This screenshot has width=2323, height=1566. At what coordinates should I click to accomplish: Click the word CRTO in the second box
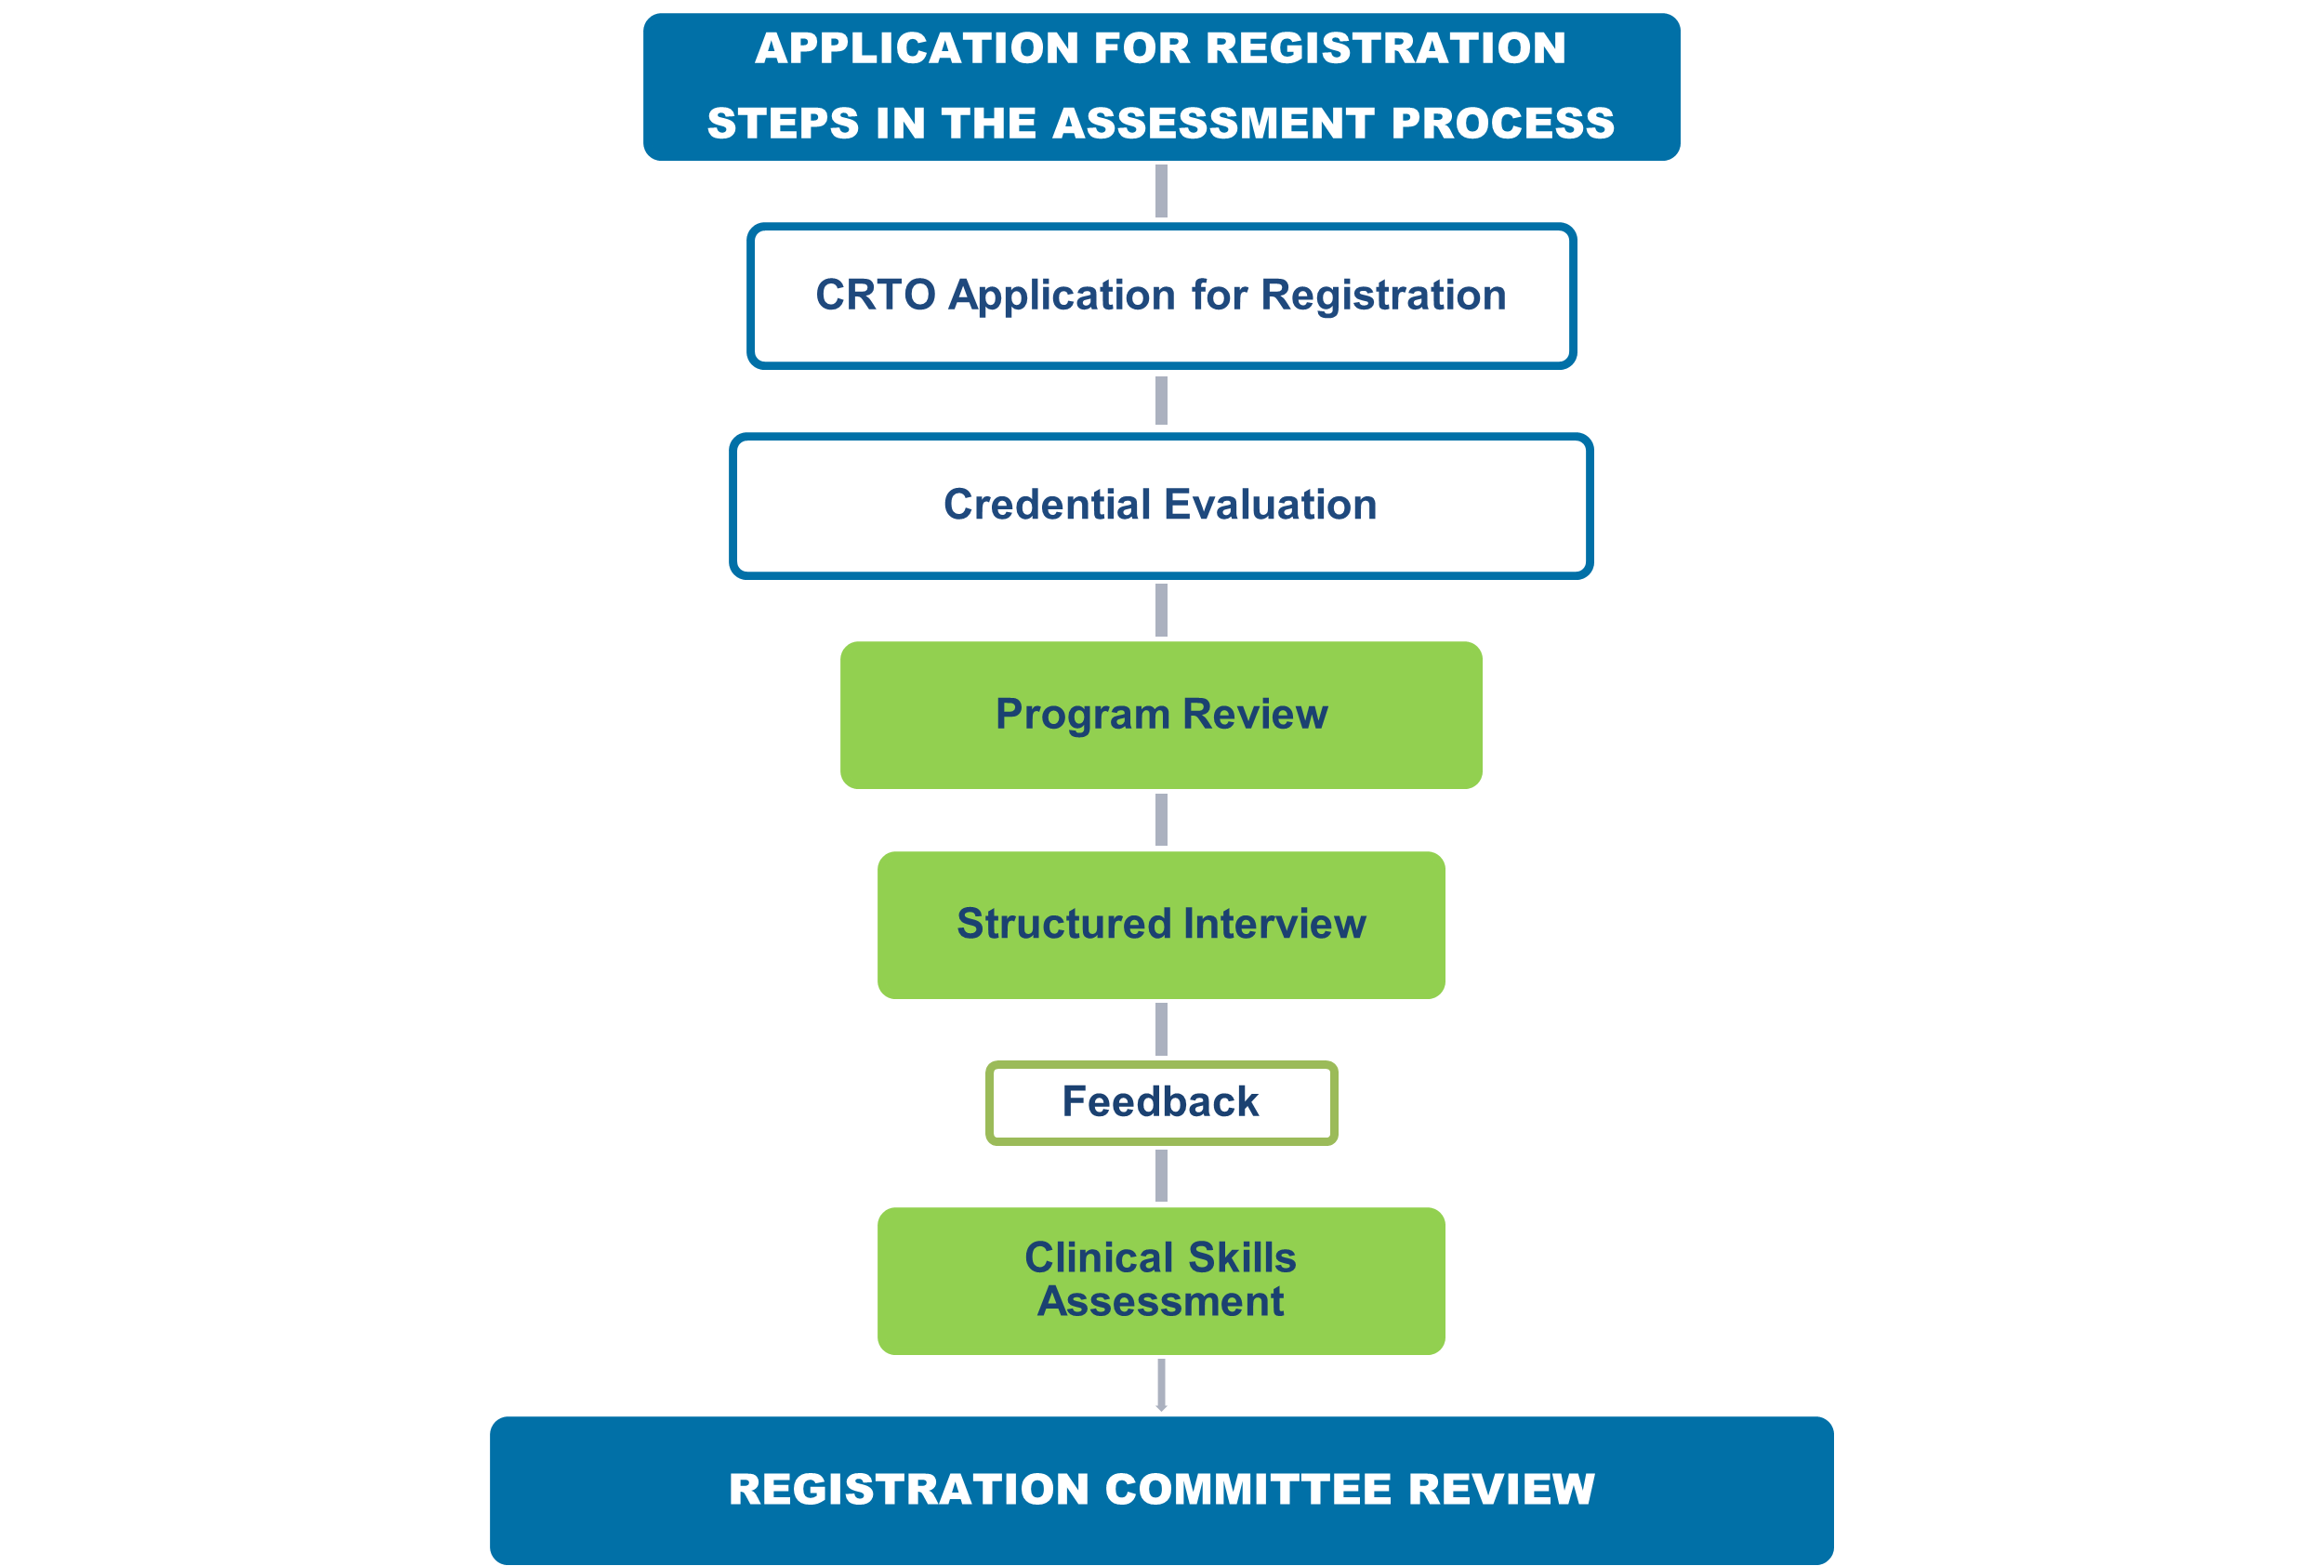coord(875,295)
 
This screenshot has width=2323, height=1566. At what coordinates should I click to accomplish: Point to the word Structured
coord(1063,924)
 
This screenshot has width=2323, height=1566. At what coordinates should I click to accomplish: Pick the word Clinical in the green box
coord(1099,1257)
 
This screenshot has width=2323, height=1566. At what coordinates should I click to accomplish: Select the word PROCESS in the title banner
coord(1502,124)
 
